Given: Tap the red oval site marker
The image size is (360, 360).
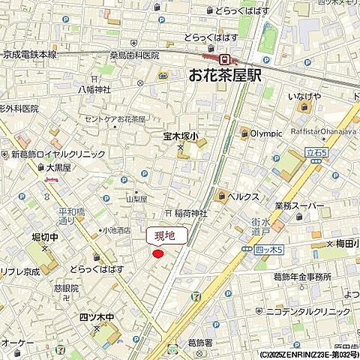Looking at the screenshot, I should coord(157,254).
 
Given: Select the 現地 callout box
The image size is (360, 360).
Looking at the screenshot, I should coord(165,236).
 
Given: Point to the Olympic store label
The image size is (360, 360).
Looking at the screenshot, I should coord(266,133).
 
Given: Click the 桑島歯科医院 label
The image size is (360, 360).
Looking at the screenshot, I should coord(134,55).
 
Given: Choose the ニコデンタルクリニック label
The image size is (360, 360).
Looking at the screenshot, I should coord(313,310).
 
